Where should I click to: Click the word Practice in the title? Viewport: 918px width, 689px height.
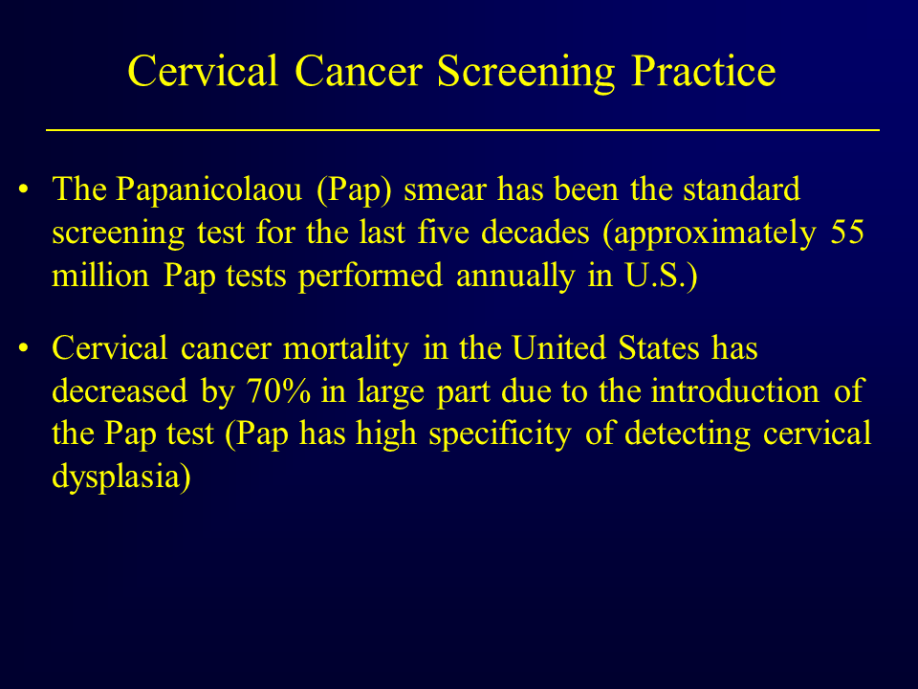(704, 72)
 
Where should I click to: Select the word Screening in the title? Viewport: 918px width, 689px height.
(526, 73)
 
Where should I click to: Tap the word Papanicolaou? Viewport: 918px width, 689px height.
(209, 189)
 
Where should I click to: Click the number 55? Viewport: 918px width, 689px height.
(847, 232)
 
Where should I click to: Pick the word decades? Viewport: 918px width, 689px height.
(535, 232)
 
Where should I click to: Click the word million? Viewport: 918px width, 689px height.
(100, 275)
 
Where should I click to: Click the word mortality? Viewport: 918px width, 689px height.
(345, 348)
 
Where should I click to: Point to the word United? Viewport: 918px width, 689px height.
(558, 348)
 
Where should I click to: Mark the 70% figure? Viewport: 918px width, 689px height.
(278, 391)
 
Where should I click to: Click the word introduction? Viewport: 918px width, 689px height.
(734, 391)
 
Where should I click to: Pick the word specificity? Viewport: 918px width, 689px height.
(499, 435)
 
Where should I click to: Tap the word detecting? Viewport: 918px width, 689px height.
(688, 435)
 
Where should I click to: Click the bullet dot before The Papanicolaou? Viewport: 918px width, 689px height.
(23, 189)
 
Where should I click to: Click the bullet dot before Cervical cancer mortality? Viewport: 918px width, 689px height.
(23, 348)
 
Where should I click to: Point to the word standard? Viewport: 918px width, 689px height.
(741, 189)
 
